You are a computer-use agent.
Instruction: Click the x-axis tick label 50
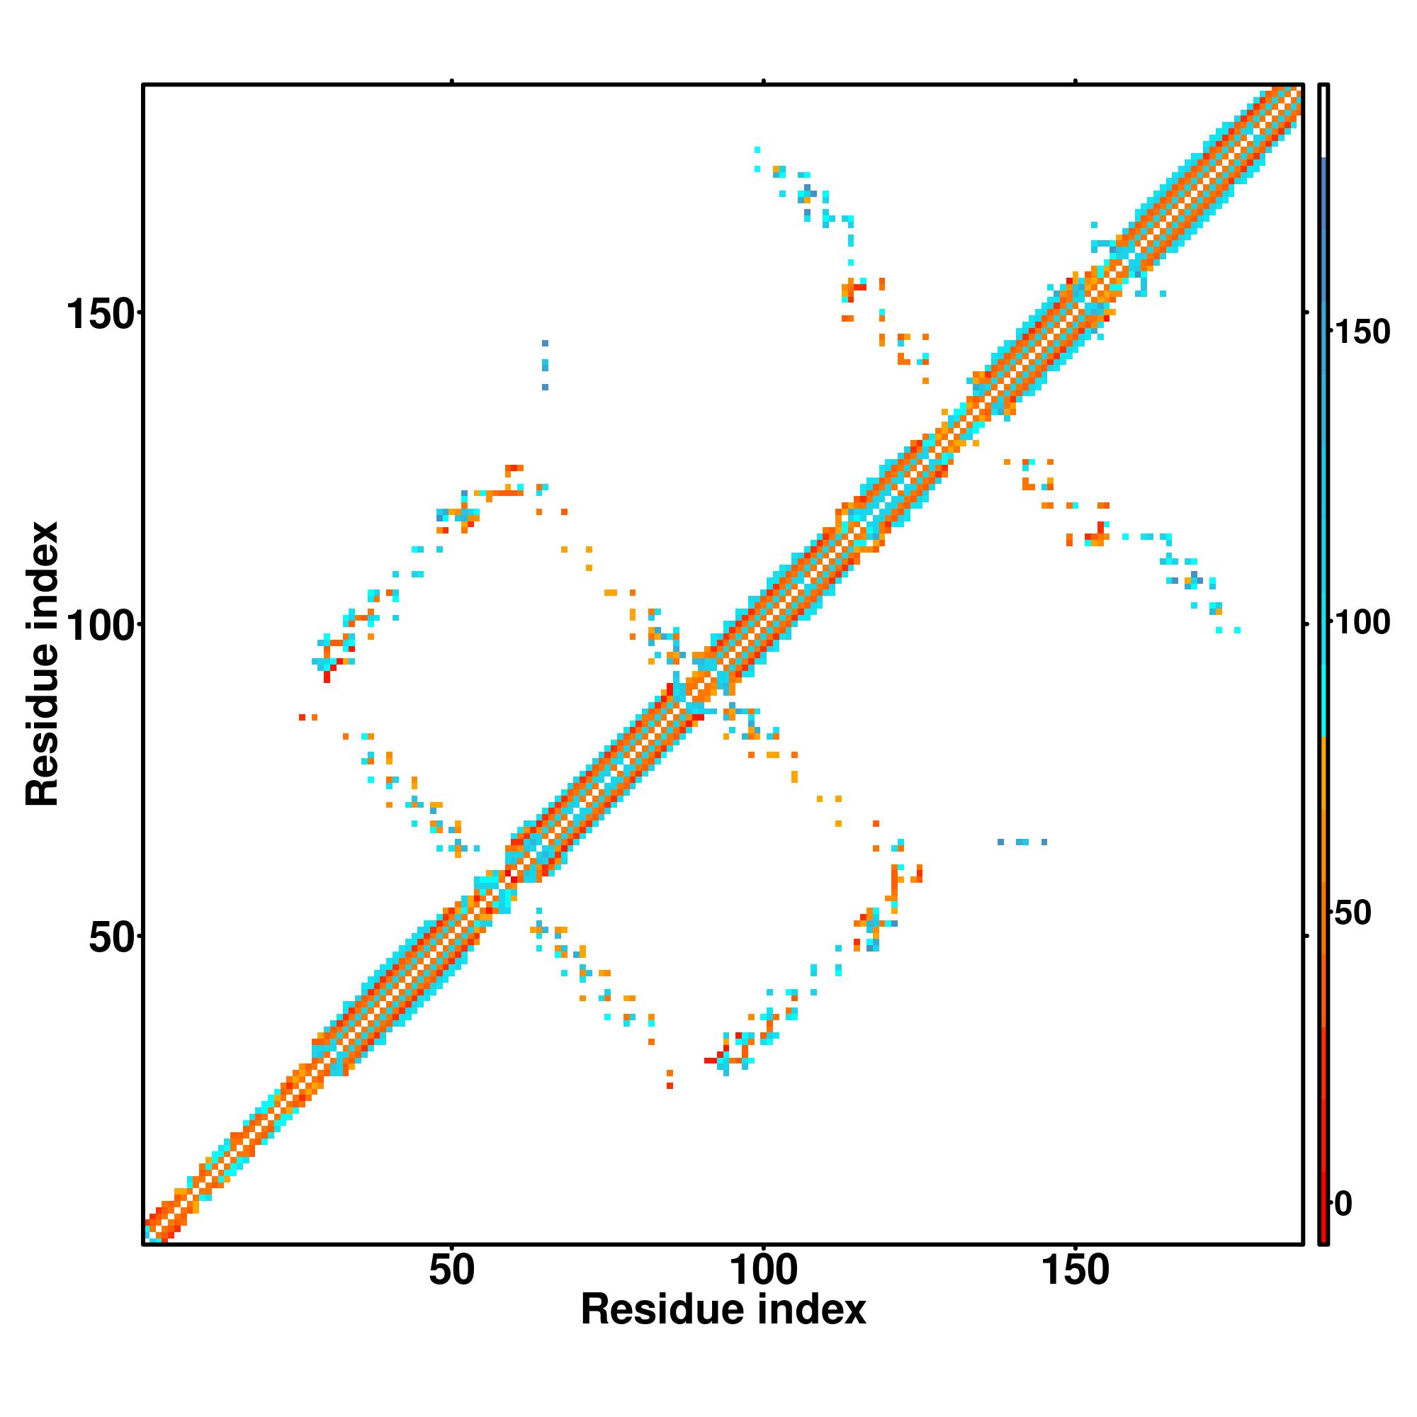[x=452, y=1271]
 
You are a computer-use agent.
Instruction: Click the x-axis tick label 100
[x=764, y=1271]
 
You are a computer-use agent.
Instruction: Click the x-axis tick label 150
[x=1076, y=1271]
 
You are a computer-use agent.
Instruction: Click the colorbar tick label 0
[x=1343, y=1204]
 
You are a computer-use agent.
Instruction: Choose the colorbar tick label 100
[x=1362, y=623]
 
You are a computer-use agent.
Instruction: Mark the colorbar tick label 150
[x=1362, y=332]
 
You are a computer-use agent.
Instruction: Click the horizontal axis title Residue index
[x=723, y=1310]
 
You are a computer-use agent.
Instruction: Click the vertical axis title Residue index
[x=42, y=664]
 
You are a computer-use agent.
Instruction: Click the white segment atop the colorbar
[x=1324, y=121]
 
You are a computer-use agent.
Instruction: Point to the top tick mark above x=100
[x=764, y=81]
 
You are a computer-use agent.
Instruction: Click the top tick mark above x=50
[x=452, y=81]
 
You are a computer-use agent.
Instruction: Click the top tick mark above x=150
[x=1076, y=81]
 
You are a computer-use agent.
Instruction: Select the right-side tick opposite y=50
[x=1306, y=936]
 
